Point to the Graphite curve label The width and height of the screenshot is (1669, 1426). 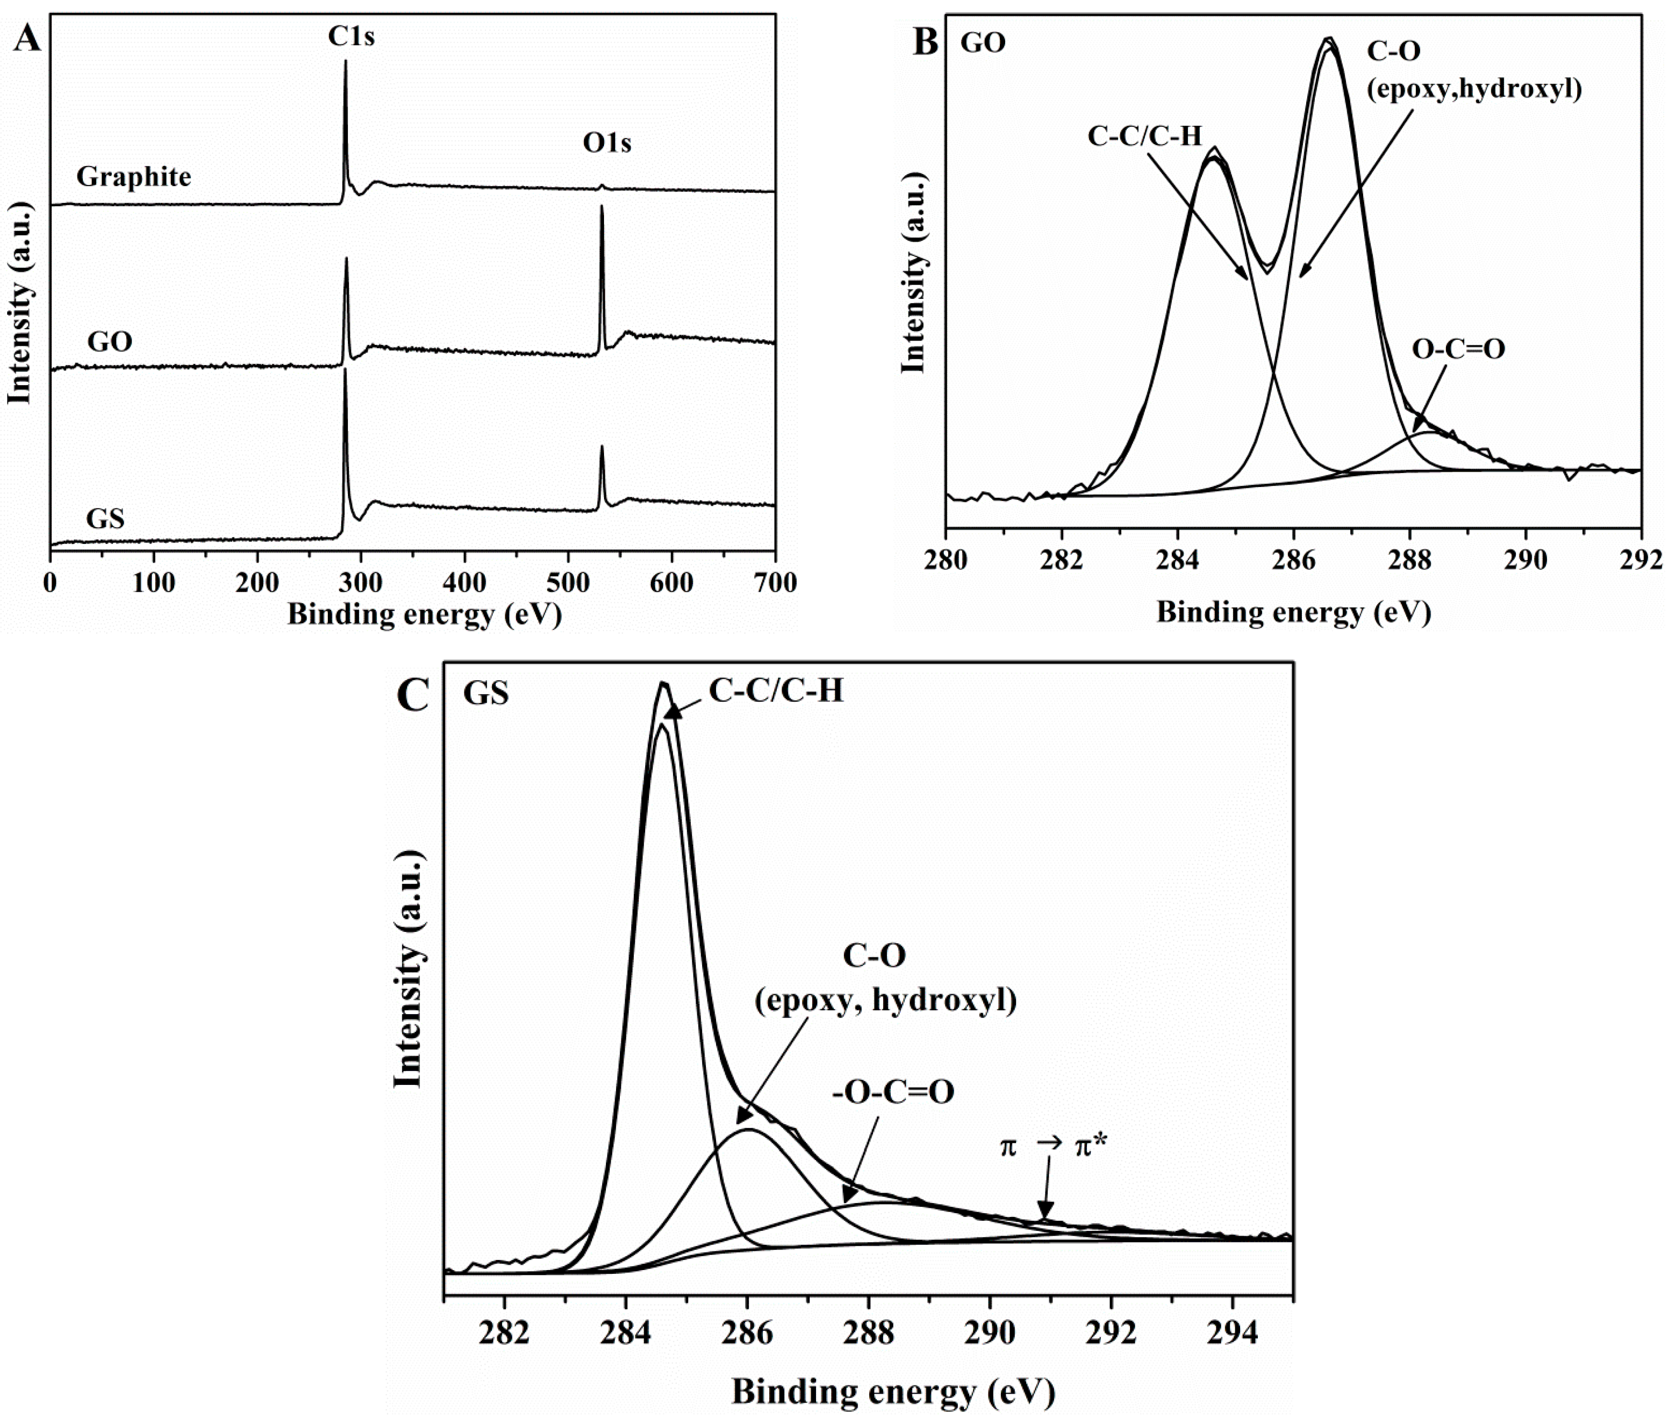click(134, 177)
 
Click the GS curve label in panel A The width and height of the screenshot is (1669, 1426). click(105, 518)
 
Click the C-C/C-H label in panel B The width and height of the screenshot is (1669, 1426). click(1144, 136)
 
